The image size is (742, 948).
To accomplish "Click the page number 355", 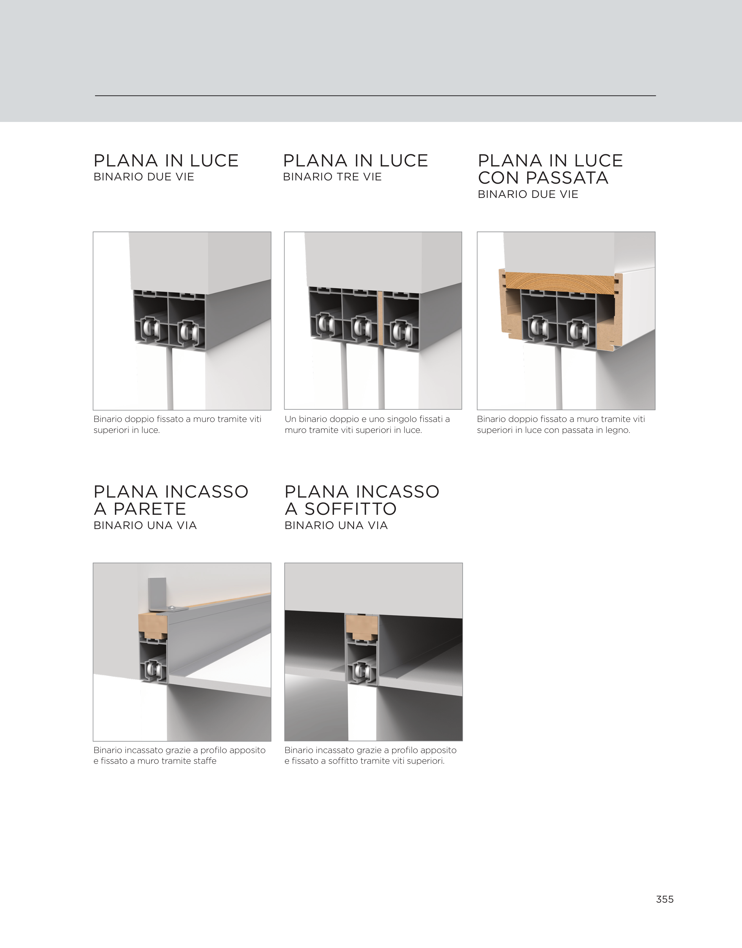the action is [665, 899].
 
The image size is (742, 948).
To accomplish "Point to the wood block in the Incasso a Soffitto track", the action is [361, 626].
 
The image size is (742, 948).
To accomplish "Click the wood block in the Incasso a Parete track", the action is [153, 626].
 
